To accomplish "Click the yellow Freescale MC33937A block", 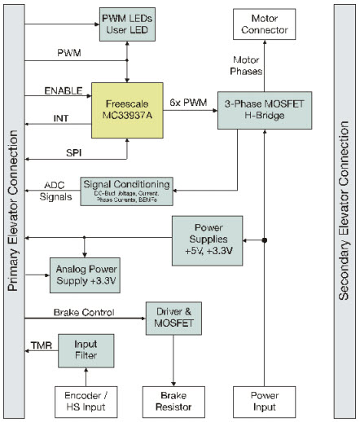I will (x=126, y=110).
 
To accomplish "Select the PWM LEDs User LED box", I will (x=126, y=24).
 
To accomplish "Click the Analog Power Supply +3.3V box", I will (x=85, y=275).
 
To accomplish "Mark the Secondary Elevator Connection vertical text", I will (x=342, y=210).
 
